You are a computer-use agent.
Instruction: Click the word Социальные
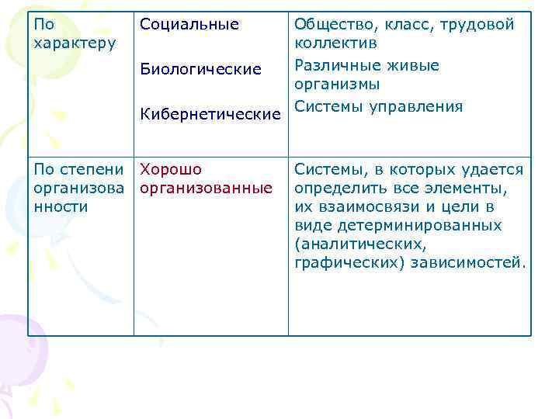point(189,24)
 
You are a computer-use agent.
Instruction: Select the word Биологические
point(200,69)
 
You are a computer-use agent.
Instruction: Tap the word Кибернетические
point(210,115)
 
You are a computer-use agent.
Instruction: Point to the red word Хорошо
point(171,169)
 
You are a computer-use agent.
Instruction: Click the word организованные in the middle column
point(206,188)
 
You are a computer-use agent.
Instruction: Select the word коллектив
point(335,43)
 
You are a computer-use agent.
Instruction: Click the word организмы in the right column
point(337,84)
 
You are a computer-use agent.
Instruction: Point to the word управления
point(418,106)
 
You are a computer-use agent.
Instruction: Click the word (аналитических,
point(359,244)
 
